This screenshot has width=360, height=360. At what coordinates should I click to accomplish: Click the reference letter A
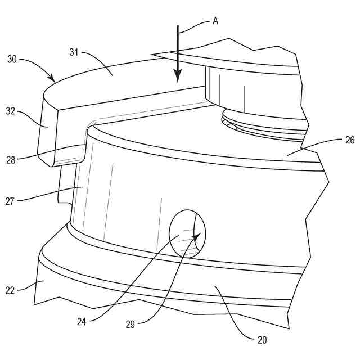coord(215,21)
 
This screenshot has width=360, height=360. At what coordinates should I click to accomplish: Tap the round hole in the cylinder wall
coord(188,233)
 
